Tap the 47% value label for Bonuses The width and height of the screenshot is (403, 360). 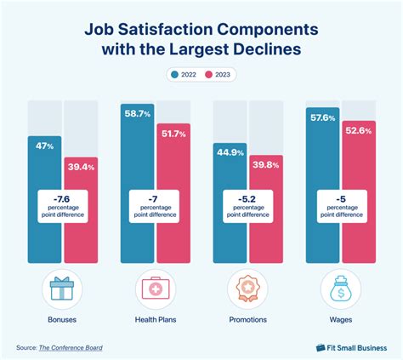45,146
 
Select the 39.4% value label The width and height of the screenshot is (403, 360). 81,167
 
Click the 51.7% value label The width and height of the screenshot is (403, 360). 173,132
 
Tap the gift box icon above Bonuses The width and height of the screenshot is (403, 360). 63,289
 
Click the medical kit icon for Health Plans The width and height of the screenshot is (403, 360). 156,289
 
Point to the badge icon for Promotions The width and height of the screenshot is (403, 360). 247,289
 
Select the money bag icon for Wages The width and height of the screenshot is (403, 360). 340,289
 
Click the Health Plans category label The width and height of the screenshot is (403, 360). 156,320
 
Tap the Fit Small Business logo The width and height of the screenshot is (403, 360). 350,347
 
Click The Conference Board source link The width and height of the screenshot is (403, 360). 76,347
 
